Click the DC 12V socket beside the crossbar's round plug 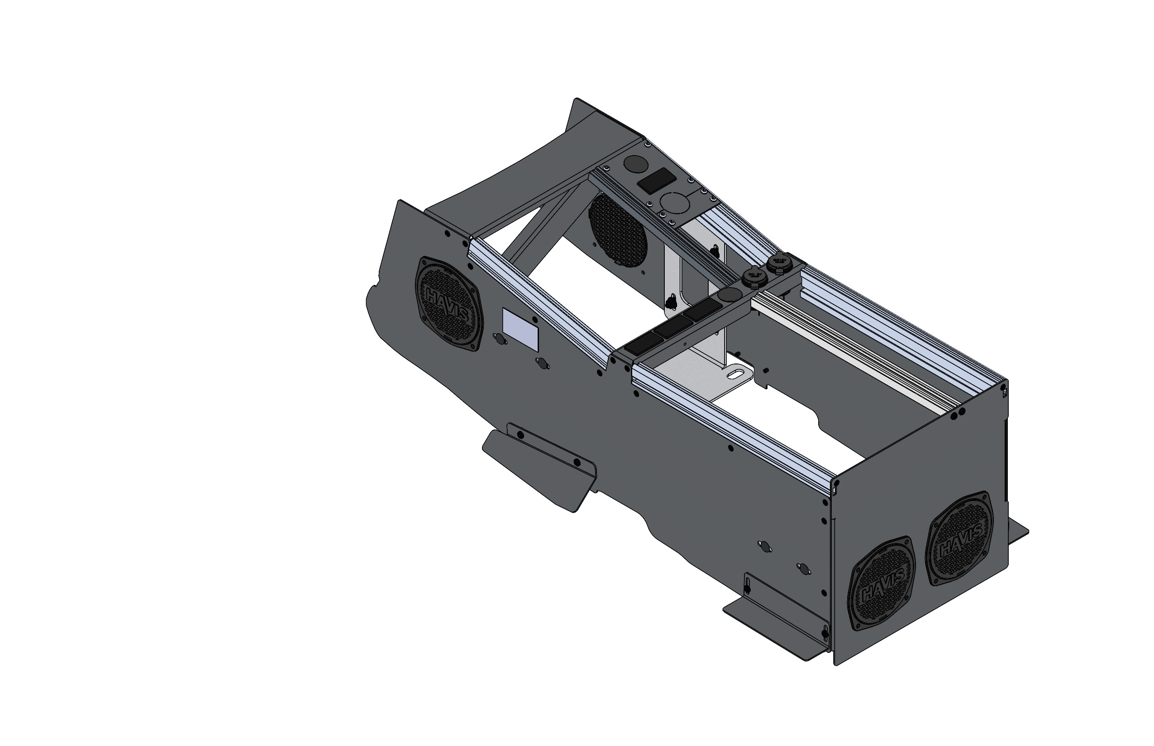pos(753,278)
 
